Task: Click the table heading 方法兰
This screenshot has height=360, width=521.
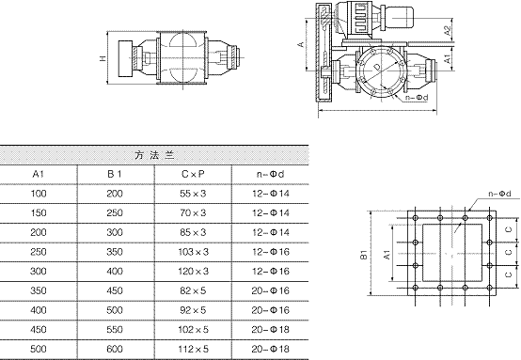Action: coord(154,155)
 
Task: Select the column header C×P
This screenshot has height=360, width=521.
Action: coord(193,174)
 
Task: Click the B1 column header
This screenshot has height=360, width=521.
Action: coord(115,174)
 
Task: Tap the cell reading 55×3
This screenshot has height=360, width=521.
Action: coord(193,194)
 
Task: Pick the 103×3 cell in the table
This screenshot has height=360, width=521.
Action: coord(194,252)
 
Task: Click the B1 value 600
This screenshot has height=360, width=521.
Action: coord(115,349)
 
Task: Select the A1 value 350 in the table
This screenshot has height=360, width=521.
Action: coord(39,290)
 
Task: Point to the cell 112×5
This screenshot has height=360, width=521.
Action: coord(194,349)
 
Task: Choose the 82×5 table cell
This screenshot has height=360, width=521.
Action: coord(193,290)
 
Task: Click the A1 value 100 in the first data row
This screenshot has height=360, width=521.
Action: coord(39,194)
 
